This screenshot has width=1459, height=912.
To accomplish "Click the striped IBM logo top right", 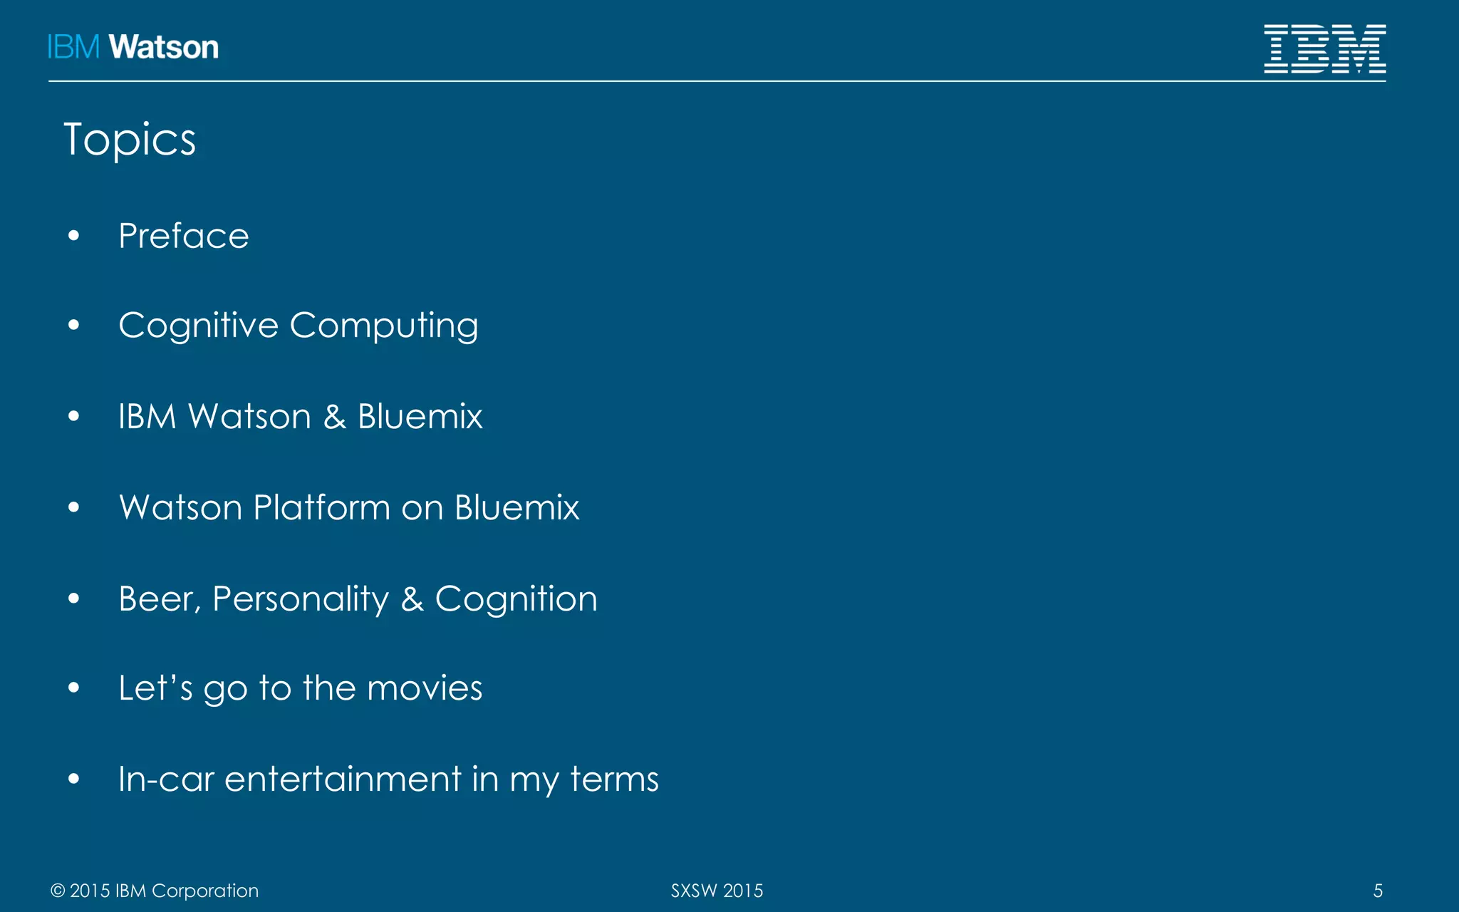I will (1324, 48).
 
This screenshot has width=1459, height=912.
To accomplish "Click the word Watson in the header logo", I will (164, 48).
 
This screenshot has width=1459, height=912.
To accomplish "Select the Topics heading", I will (130, 140).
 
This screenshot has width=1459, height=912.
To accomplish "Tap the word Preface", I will (184, 236).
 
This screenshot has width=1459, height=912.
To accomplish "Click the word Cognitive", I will (198, 326).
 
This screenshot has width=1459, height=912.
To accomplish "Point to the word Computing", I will (384, 326).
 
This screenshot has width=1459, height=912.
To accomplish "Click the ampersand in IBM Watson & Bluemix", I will (334, 417).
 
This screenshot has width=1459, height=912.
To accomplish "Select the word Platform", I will (321, 508).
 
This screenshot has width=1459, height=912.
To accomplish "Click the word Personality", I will (301, 599).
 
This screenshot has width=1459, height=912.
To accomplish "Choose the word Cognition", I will (516, 599).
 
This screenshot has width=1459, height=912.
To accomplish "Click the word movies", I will (425, 688).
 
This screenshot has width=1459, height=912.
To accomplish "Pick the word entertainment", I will (343, 779).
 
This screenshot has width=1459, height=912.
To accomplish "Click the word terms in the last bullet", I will (614, 779).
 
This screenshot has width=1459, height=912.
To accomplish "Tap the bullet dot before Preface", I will (74, 236).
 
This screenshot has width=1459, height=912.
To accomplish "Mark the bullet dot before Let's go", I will (74, 688).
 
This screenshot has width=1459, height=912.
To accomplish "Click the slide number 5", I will (1378, 891).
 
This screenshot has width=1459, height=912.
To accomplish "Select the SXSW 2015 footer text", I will (717, 891).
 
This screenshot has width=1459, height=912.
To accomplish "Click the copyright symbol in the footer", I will (58, 891).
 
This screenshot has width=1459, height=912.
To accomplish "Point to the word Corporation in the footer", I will (205, 891).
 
